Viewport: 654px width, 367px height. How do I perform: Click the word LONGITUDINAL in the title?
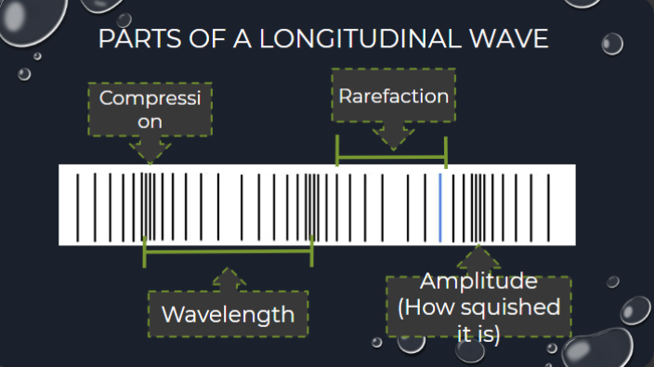367,40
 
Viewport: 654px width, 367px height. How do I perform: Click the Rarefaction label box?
393,96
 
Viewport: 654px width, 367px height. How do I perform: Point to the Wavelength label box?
228,314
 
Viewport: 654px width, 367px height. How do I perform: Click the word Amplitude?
478,282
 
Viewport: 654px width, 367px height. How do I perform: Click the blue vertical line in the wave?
439,204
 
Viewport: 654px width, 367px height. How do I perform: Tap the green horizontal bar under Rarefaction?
392,159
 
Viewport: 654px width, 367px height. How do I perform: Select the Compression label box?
150,109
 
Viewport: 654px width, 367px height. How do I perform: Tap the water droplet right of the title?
611,43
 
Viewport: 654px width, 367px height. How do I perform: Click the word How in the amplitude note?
424,307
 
